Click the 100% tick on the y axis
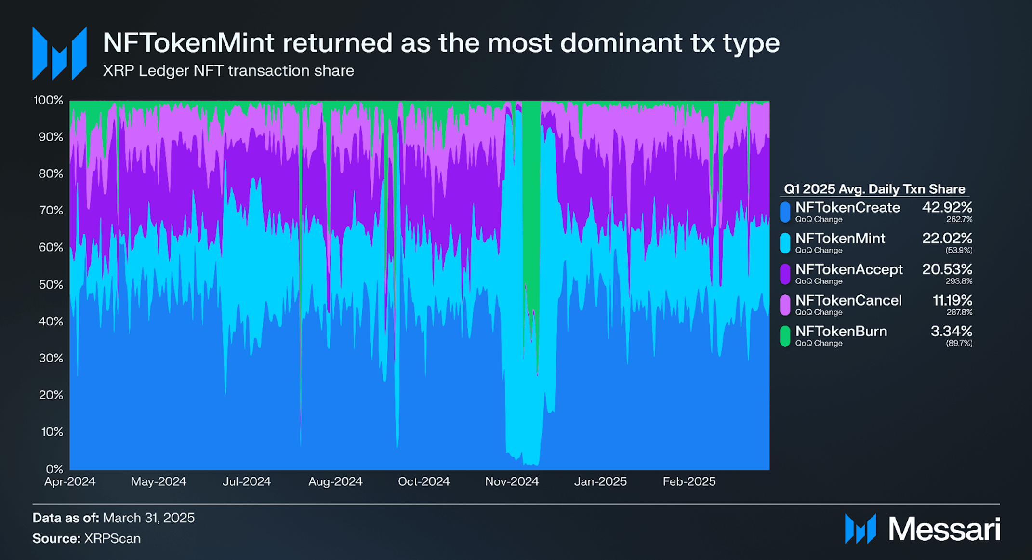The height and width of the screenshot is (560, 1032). pos(48,100)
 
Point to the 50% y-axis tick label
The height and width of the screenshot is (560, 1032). pos(51,284)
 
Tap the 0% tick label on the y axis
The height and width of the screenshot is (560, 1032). pos(54,468)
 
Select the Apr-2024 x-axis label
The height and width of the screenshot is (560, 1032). pos(70,481)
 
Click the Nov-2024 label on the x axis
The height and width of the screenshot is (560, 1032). pos(512,481)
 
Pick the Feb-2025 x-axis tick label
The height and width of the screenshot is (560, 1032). pos(689,481)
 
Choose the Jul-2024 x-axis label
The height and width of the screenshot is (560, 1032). pos(247,481)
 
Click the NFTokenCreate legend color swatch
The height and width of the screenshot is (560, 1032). pos(785,212)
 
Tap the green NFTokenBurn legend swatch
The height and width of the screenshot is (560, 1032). pos(785,336)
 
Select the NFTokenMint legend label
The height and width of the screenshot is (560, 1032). pos(840,238)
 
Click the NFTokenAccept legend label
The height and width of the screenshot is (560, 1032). pos(849,269)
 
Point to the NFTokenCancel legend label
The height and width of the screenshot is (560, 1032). pos(848,300)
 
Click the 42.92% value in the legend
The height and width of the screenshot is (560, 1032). pos(947,207)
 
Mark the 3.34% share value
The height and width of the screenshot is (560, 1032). pos(952,331)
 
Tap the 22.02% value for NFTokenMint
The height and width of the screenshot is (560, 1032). pos(947,238)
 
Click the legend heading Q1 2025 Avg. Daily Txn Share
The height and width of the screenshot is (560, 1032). pos(874,189)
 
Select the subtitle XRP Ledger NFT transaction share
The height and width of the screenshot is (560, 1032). pos(228,71)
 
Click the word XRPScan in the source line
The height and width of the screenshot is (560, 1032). pos(112,538)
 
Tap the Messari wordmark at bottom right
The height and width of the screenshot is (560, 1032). pos(944,529)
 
